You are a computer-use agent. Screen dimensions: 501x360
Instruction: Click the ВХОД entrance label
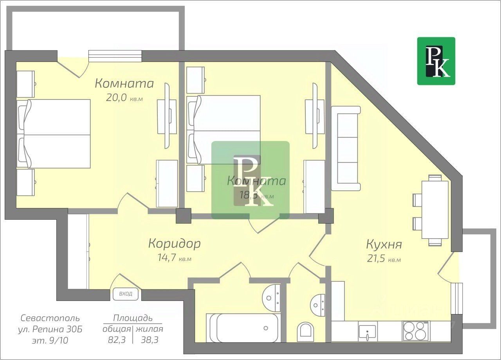[x=126, y=294]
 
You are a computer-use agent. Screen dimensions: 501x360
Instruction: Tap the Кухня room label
[x=384, y=245]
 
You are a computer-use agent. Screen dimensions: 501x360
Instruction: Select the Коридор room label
[x=174, y=244]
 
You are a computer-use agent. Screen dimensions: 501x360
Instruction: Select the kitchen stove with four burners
[x=415, y=331]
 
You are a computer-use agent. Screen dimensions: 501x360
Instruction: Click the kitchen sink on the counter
[x=367, y=331]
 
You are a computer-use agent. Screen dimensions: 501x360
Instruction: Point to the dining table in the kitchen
[x=434, y=209]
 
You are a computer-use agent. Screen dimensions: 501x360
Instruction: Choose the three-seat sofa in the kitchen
[x=346, y=148]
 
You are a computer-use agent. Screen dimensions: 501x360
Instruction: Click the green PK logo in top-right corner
[x=436, y=61]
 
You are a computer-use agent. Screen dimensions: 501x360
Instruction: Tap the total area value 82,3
[x=117, y=340]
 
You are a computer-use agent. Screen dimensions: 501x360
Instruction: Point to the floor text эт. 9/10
[x=50, y=340]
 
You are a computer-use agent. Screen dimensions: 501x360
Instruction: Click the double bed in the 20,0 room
[x=54, y=134]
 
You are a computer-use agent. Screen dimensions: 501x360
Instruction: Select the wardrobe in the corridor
[x=78, y=251]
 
